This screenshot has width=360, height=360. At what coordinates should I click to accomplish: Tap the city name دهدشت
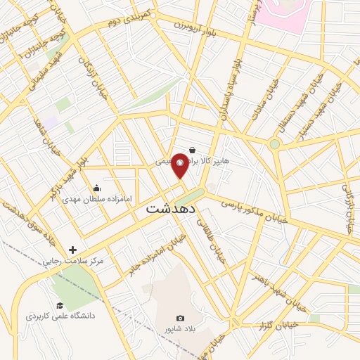(x=174, y=210)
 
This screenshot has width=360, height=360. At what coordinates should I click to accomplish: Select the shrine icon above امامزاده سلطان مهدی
(x=96, y=188)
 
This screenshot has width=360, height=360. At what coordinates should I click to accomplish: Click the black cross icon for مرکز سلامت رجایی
(x=73, y=250)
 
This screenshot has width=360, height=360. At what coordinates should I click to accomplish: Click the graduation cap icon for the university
(x=60, y=304)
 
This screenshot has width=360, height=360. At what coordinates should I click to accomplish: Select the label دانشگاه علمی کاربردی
(x=60, y=316)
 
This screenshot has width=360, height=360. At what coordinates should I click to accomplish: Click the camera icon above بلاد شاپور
(x=180, y=319)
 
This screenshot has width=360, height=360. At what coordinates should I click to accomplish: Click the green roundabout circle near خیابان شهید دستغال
(x=275, y=144)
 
